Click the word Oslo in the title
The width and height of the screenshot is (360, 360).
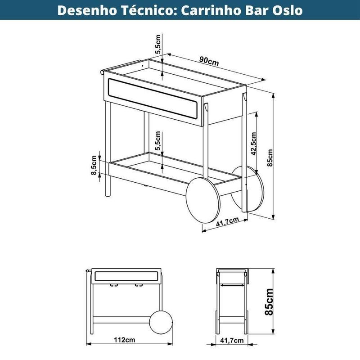pos(287,10)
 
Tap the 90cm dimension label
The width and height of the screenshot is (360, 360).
pos(209,61)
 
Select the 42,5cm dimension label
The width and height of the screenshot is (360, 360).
pos(253,144)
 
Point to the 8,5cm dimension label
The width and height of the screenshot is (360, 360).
pos(94,165)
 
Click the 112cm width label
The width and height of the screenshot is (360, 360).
pos(125,340)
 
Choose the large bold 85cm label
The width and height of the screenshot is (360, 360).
pos(269,301)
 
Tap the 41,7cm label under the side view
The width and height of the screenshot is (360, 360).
pos(232,340)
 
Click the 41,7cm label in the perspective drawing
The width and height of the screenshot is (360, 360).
pos(227,222)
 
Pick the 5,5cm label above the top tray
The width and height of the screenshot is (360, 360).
pos(158,44)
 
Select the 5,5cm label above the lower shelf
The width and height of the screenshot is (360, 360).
pos(158,141)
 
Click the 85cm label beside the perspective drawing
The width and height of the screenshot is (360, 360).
pos(270,158)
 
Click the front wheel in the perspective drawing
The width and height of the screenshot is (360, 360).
pos(203,200)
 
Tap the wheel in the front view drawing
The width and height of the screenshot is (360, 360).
pos(161,322)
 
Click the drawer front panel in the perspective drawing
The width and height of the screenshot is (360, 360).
pos(153,99)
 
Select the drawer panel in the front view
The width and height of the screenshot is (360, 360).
pos(126,276)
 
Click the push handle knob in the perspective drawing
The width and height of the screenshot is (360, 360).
pos(102,72)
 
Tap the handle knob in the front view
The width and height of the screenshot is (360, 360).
pos(87,271)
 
